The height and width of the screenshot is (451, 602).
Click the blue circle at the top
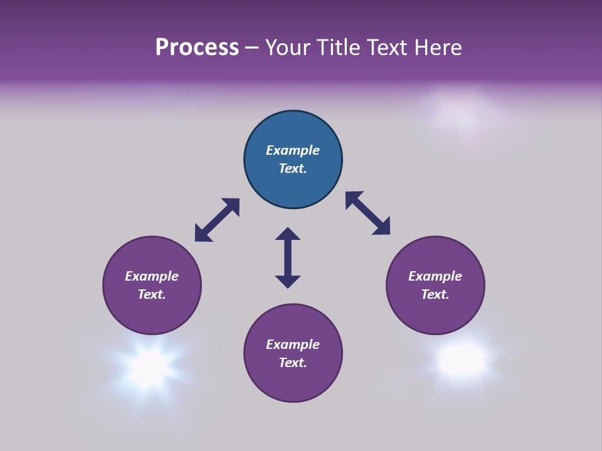293,160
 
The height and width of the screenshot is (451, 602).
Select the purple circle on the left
152,286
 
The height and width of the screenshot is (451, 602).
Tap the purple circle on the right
435,286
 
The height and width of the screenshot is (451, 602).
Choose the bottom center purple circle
293,353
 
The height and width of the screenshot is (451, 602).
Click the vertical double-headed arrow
288,258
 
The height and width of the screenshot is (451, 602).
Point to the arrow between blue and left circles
217,220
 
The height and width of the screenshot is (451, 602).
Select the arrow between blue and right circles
367,214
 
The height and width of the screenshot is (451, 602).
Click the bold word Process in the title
197,48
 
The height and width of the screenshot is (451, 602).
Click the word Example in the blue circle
293,150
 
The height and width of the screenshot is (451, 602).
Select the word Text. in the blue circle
293,168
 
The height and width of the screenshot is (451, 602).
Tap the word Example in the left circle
152,276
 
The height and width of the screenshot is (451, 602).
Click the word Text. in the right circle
435,294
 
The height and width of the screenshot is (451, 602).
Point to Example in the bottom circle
293,345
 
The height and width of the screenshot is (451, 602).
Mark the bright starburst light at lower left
150,365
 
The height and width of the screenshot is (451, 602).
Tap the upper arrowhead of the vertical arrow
288,234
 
